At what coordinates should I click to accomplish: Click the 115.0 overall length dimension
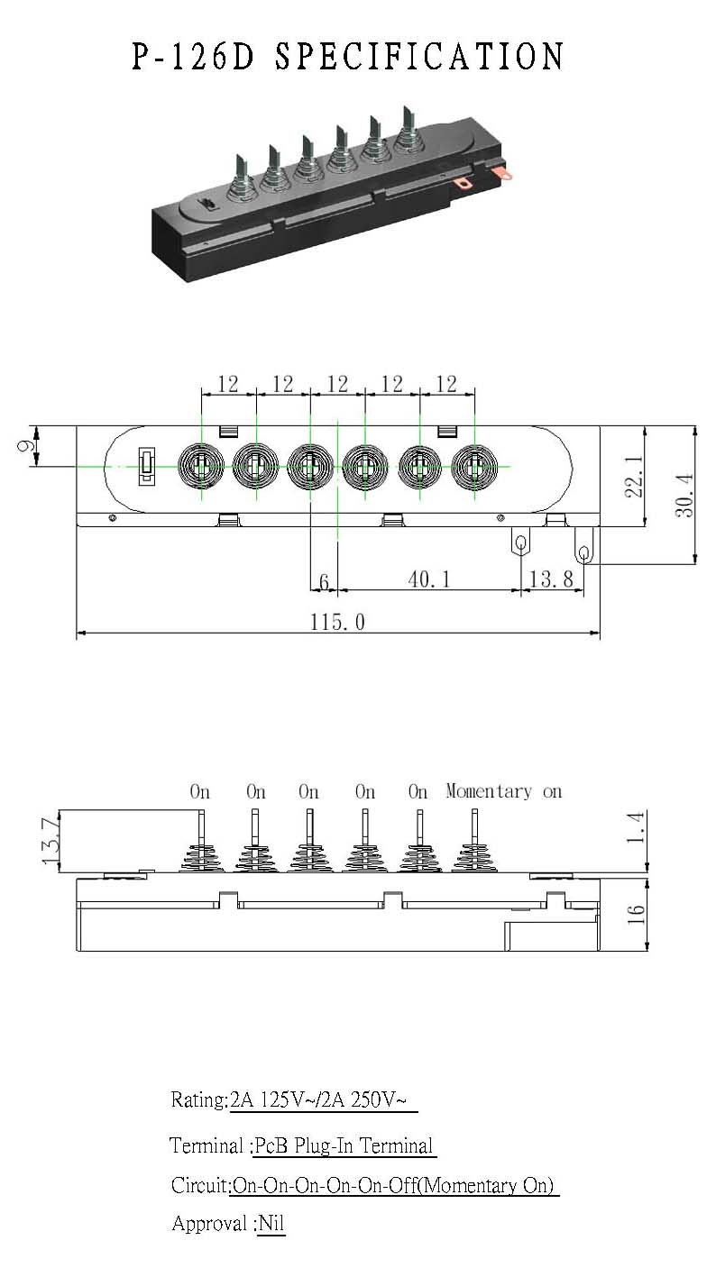pyautogui.click(x=337, y=622)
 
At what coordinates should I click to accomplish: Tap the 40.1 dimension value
pyautogui.click(x=429, y=579)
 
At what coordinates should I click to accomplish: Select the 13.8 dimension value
pyautogui.click(x=551, y=579)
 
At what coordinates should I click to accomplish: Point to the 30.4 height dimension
pyautogui.click(x=684, y=495)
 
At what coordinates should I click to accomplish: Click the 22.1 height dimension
pyautogui.click(x=634, y=476)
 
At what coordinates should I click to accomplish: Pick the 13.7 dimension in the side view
pyautogui.click(x=50, y=840)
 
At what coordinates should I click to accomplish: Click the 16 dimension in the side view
pyautogui.click(x=636, y=915)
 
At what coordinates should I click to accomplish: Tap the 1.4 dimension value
pyautogui.click(x=635, y=826)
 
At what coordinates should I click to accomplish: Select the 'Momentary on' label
pyautogui.click(x=504, y=791)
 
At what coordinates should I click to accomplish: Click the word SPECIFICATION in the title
pyautogui.click(x=419, y=57)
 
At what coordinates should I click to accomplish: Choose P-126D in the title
pyautogui.click(x=193, y=57)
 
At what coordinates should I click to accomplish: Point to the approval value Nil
pyautogui.click(x=271, y=1223)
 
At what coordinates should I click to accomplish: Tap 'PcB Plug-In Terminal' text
pyautogui.click(x=344, y=1145)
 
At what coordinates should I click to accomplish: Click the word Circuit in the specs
pyautogui.click(x=199, y=1185)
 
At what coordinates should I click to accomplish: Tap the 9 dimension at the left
pyautogui.click(x=25, y=446)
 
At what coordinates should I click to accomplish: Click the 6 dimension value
pyautogui.click(x=324, y=581)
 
